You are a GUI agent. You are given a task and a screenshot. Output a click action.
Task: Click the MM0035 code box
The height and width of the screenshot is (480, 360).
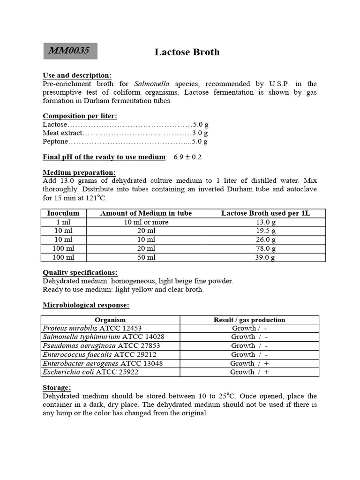[x=70, y=51]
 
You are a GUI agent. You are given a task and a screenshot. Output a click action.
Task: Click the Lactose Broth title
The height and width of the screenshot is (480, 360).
[x=187, y=52]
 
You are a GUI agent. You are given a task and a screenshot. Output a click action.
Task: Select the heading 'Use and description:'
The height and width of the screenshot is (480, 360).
[x=77, y=75]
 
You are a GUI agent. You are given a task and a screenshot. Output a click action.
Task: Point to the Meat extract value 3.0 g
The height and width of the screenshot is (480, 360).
[x=200, y=133]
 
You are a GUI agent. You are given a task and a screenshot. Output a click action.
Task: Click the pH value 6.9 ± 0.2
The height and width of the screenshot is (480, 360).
[x=187, y=157]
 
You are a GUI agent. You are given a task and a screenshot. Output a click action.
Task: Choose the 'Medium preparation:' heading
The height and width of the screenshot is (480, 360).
[x=79, y=172]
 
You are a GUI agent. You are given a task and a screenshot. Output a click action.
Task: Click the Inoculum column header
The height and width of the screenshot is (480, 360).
[x=63, y=213]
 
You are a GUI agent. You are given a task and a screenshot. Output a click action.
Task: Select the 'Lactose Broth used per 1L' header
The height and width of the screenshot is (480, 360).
[x=265, y=213]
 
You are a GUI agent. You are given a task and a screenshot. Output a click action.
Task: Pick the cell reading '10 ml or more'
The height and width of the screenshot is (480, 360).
[x=146, y=222]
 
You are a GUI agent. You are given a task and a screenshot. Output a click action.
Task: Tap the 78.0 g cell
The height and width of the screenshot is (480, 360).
[x=265, y=248]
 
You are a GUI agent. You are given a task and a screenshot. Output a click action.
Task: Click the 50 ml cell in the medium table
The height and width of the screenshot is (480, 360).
[x=146, y=257]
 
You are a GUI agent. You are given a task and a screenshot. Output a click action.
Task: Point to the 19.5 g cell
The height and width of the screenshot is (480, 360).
[x=265, y=231]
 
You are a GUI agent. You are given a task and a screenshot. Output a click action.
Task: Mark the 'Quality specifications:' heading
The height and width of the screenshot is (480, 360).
[x=80, y=272]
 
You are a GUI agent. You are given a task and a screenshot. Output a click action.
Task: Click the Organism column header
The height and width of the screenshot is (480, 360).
[x=110, y=320]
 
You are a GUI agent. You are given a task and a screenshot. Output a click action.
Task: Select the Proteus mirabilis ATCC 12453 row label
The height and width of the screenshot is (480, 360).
[x=92, y=328]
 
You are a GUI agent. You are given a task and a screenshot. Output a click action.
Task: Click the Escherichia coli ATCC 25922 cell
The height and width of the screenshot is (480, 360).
[x=90, y=372]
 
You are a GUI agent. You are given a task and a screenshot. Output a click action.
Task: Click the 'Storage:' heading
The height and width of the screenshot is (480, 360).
[x=57, y=388]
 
